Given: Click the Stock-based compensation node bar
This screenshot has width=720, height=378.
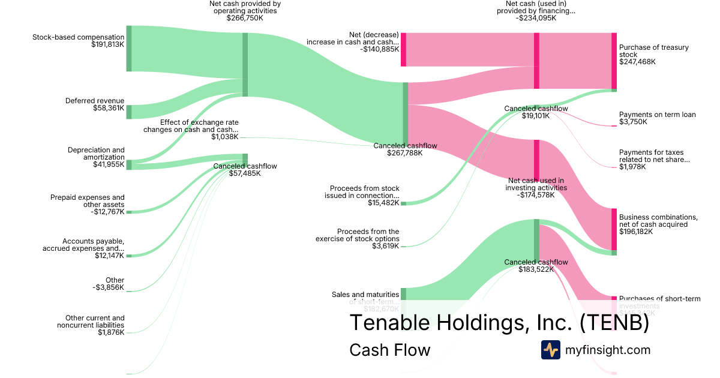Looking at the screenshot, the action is [129, 49].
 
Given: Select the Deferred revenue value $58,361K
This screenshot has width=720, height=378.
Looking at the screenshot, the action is [109, 109].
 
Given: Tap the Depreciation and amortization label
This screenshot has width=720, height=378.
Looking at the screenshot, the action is [96, 154].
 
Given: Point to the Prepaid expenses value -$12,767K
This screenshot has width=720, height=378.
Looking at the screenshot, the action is [107, 211].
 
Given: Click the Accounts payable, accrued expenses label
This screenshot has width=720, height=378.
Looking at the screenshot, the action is [83, 245].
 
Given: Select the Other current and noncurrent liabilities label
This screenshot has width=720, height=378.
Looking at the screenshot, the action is [91, 322].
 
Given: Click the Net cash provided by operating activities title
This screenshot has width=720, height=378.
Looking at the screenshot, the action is [245, 7].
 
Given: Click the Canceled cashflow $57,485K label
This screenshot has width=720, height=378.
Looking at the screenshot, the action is [245, 170].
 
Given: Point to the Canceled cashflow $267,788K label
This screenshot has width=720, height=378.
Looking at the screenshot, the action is [405, 149].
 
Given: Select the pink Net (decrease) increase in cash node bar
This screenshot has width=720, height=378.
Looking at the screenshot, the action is [403, 49].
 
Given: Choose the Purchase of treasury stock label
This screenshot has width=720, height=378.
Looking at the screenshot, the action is [653, 51].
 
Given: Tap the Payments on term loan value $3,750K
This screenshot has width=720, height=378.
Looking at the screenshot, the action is [633, 122].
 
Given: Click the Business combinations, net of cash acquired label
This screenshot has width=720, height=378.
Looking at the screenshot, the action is [658, 221].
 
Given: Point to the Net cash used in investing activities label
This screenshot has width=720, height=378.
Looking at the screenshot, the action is [536, 184].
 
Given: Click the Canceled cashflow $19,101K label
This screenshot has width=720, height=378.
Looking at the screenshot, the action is [536, 112].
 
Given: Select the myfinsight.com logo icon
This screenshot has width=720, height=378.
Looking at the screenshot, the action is [550, 350].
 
